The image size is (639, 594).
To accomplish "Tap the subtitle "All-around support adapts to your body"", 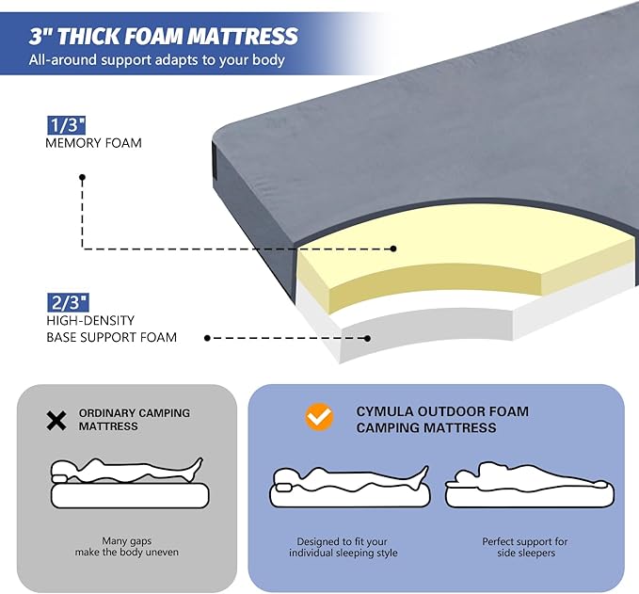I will (x=157, y=61).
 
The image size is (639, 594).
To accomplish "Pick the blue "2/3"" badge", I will (x=67, y=301).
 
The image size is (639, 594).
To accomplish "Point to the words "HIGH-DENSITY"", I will (x=89, y=320).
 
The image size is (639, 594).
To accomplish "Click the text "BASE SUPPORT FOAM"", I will (x=111, y=337).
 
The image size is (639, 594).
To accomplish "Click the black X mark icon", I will (x=56, y=420).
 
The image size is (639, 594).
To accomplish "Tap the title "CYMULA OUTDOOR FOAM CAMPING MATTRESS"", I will (x=442, y=420).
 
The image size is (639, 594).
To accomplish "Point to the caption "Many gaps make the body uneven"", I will (x=126, y=546).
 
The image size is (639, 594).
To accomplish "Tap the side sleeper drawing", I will (x=530, y=483).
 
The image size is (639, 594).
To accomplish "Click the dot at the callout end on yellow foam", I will (x=394, y=249).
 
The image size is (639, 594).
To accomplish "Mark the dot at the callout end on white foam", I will (x=368, y=337).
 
